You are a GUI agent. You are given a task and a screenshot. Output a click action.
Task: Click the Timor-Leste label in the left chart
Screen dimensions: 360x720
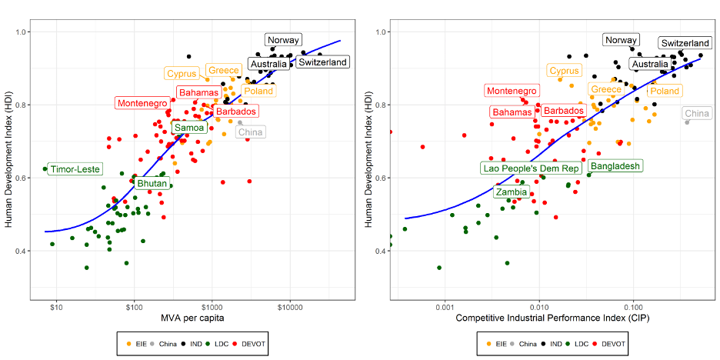75,169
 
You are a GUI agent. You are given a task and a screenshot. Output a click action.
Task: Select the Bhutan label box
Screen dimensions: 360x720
152,184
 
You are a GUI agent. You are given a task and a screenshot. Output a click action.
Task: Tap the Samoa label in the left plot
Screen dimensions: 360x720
188,128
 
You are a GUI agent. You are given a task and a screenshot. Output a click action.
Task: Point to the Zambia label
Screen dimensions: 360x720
512,192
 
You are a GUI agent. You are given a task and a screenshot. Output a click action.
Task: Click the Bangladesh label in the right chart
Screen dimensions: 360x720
615,166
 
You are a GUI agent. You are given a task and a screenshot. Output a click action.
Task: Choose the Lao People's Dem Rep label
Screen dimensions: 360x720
531,168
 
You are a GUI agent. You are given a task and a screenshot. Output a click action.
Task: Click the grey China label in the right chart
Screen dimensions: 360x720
697,114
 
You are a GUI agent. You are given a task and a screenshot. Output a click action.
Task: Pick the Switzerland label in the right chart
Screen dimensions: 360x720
685,44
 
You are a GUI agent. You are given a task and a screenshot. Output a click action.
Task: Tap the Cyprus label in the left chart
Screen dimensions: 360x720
182,74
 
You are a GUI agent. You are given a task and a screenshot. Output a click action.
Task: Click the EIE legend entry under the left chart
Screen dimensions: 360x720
138,343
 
